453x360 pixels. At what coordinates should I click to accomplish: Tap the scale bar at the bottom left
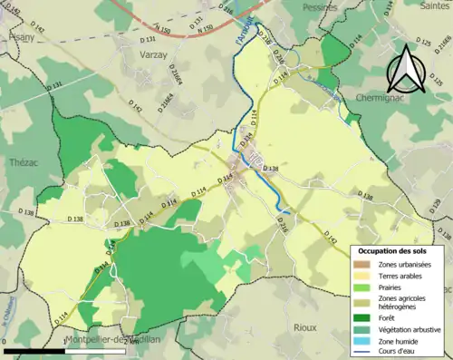(63, 351)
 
